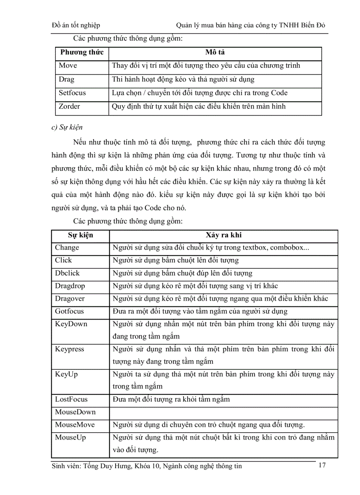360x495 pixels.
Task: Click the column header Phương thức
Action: (82, 52)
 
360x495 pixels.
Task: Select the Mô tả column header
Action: (215, 52)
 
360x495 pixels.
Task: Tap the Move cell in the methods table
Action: (68, 66)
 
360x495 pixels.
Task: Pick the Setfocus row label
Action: (72, 93)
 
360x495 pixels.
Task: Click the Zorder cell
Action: (70, 106)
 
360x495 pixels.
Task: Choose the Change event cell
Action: (67, 248)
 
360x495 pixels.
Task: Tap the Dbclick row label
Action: (67, 273)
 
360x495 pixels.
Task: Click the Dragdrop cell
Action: (70, 286)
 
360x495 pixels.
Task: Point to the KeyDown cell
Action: (71, 324)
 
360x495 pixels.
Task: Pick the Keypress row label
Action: (69, 350)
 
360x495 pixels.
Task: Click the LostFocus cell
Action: (71, 400)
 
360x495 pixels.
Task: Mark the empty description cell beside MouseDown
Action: (223, 413)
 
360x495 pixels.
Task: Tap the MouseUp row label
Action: (70, 438)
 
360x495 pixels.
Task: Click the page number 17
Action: (322, 465)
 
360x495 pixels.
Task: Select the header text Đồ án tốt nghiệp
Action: (76, 25)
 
